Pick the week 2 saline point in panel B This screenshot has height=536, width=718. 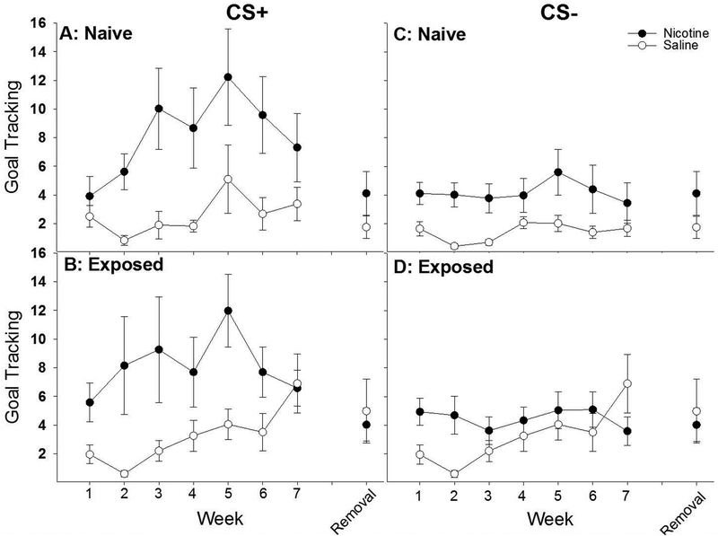coord(123,474)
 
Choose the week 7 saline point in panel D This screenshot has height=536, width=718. coord(628,383)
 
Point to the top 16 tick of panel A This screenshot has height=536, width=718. coord(49,22)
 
